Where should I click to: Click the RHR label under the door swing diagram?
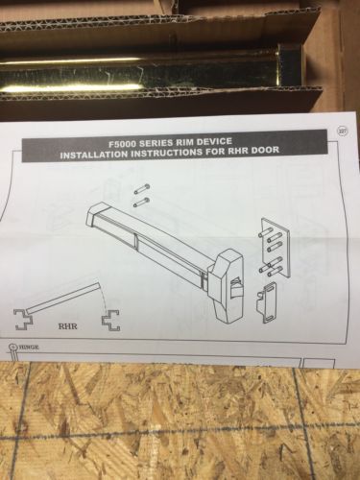click(67, 326)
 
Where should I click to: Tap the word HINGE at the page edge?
click(28, 348)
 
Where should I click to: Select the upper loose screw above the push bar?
click(141, 189)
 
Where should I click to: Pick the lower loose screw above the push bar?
click(141, 202)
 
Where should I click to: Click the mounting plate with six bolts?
click(275, 248)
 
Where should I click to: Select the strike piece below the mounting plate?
click(267, 301)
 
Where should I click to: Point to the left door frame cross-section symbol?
click(23, 320)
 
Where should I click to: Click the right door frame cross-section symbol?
click(111, 320)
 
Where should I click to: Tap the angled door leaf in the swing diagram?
click(62, 298)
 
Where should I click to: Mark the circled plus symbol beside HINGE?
click(12, 347)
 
